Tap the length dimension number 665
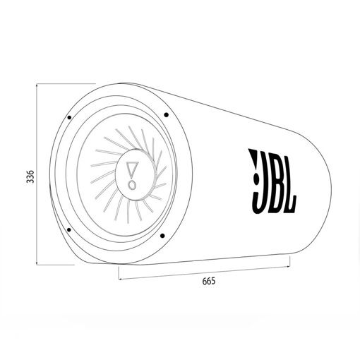208,281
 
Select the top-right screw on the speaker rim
165,114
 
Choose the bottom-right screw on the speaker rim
162,236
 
